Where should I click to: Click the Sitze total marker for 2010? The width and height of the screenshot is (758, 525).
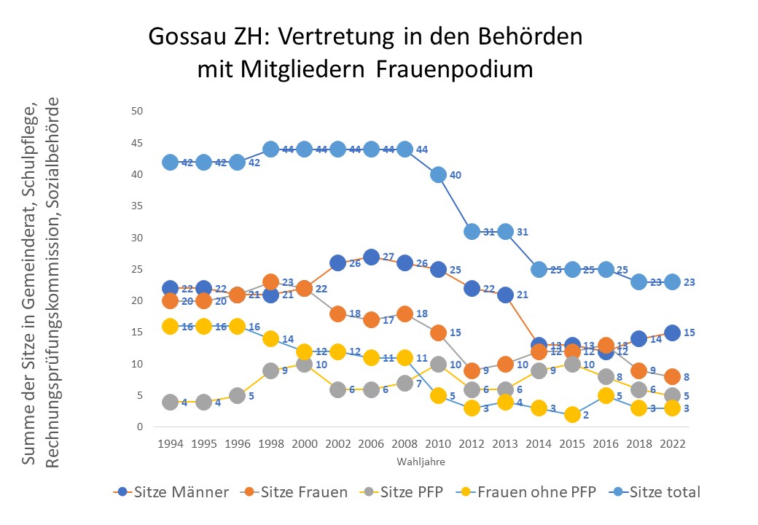point(438,174)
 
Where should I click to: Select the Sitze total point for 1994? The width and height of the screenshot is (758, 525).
point(171,162)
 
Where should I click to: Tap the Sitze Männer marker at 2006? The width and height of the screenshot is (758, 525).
point(371,257)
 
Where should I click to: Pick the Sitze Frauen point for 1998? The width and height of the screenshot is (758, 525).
point(271,282)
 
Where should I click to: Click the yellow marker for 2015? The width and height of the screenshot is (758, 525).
point(572,414)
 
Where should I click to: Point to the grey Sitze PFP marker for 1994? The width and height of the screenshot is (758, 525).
point(171,402)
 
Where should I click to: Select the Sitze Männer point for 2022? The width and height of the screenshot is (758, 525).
point(673,332)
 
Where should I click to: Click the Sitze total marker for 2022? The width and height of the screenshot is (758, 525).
point(673,281)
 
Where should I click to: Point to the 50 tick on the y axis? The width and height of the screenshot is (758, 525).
point(137,111)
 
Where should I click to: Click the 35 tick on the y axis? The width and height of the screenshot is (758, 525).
point(137,206)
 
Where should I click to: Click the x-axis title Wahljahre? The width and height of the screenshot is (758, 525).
point(421,462)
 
